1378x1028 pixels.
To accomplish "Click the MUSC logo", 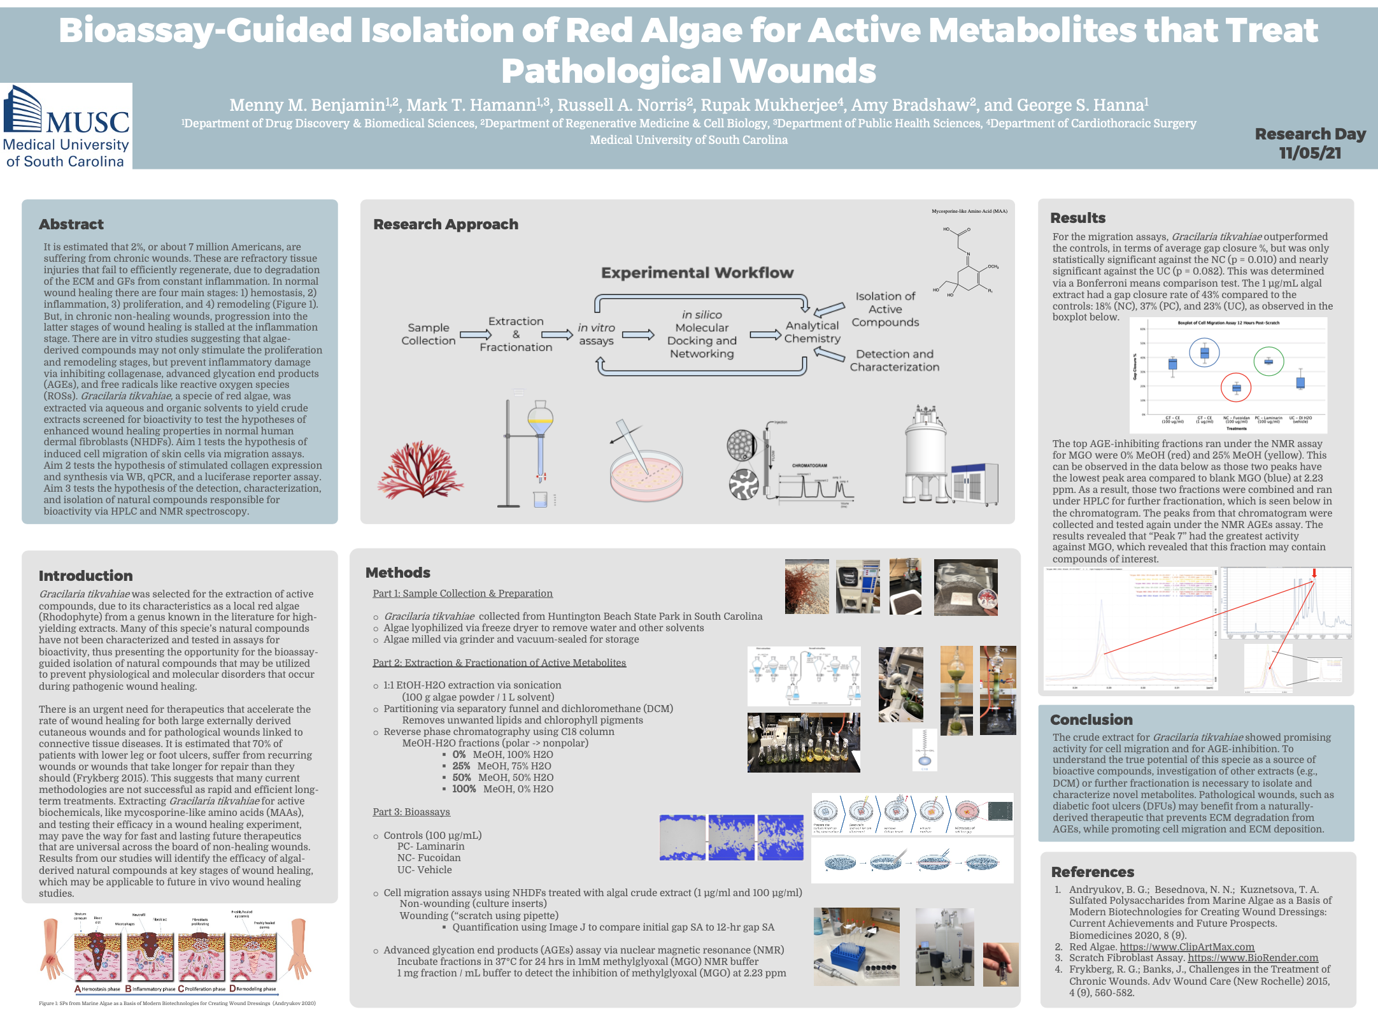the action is coord(66,126).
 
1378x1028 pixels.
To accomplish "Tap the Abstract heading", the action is coord(71,224).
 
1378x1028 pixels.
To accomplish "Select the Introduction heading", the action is coord(85,576).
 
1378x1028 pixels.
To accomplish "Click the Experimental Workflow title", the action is coord(697,273).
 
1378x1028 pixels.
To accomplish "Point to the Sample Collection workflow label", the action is coord(428,334).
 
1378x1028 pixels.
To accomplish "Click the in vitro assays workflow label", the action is coord(596,334).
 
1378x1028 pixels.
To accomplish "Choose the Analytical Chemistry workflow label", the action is coord(812,332).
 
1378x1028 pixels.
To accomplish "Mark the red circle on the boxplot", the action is coord(1235,387).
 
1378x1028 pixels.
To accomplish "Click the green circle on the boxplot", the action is coord(1268,361).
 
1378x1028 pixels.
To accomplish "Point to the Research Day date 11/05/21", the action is coord(1310,153).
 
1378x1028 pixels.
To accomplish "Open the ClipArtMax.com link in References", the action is coord(1187,946).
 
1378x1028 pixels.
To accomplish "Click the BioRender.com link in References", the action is coord(1253,958).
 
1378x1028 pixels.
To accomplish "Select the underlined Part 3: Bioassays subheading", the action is coord(411,812).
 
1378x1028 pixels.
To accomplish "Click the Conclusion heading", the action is coord(1091,720).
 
